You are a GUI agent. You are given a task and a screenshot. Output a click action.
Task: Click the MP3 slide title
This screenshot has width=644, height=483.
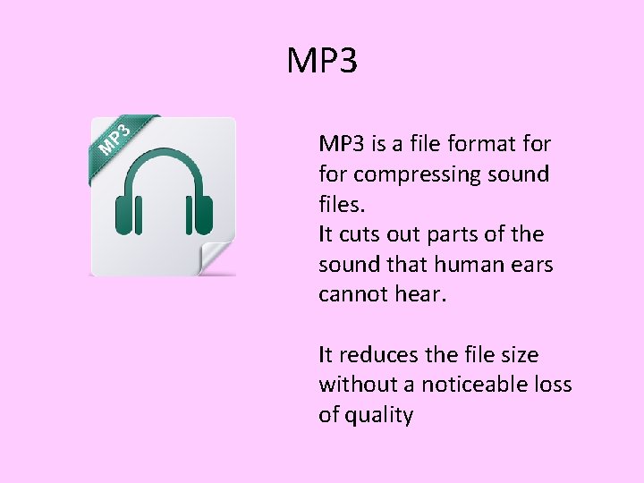click(x=322, y=61)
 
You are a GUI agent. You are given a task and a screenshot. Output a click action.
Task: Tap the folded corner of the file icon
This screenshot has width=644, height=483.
click(x=217, y=258)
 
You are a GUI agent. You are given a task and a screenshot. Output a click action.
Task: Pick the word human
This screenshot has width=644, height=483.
click(x=465, y=265)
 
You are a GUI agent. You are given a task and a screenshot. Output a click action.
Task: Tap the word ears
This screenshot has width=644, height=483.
click(x=529, y=265)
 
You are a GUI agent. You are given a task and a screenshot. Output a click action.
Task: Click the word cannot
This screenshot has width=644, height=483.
click(x=349, y=295)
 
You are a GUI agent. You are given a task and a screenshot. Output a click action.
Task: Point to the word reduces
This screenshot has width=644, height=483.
click(x=376, y=355)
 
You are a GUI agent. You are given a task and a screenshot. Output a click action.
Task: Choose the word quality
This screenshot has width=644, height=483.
click(x=380, y=416)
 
